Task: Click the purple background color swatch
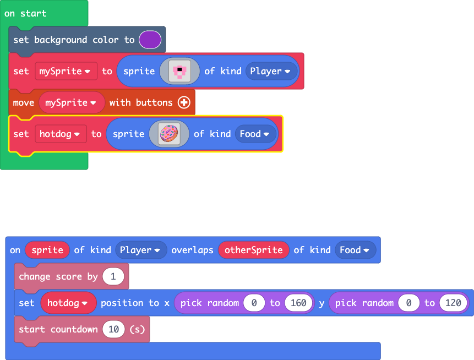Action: point(150,40)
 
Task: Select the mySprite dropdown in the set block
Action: point(66,71)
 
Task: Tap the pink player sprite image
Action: point(179,71)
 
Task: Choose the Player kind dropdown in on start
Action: point(271,71)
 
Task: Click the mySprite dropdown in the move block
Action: point(72,102)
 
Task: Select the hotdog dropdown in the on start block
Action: point(61,134)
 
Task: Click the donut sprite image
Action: point(169,134)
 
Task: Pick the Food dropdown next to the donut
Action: point(255,134)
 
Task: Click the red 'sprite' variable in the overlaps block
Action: point(47,250)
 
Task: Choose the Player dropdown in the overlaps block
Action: point(141,250)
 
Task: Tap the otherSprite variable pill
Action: point(254,250)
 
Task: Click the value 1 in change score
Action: point(113,276)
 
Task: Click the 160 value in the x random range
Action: point(299,303)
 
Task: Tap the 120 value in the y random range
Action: point(453,303)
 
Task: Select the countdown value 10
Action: point(113,329)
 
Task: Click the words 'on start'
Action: point(25,13)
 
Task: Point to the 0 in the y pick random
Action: point(408,303)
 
